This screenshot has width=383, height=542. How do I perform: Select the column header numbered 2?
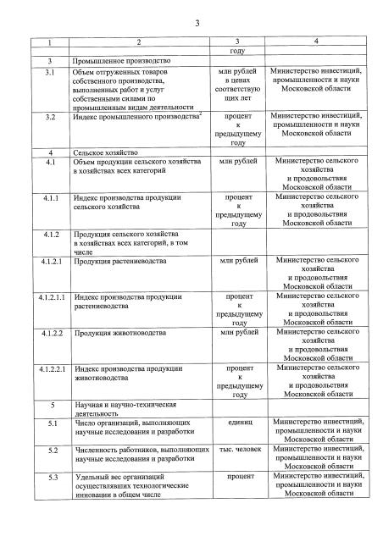tap(139, 41)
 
